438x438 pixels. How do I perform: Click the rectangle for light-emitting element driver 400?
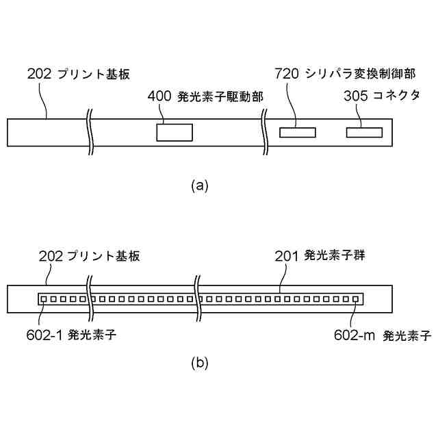click(175, 131)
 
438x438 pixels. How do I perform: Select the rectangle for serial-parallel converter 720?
click(297, 131)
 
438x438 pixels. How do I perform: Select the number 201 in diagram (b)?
click(287, 257)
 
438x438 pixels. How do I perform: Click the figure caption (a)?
click(199, 185)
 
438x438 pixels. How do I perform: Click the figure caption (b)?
click(199, 363)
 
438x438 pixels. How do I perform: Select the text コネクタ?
click(396, 96)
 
